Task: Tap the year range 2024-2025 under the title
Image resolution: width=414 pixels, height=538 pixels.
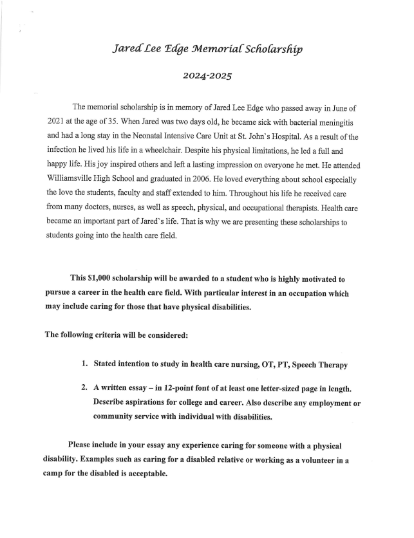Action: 207,76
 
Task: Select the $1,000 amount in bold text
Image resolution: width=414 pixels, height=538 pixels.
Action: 104,279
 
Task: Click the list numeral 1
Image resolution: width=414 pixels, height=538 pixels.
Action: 84,364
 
